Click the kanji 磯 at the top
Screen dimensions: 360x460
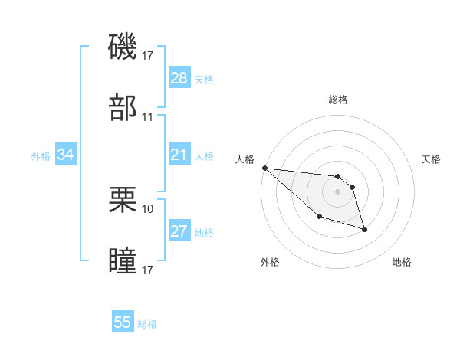click(123, 47)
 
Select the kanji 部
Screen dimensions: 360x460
click(123, 108)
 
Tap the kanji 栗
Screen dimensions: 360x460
click(123, 200)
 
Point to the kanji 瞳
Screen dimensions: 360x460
click(123, 260)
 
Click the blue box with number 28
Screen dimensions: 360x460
click(179, 78)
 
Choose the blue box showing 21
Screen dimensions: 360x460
click(179, 155)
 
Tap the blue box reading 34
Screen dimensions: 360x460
click(66, 155)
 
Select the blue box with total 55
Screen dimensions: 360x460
click(123, 322)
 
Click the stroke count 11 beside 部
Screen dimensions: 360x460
click(148, 117)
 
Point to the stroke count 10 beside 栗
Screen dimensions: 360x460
click(148, 208)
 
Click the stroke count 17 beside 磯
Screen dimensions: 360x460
click(148, 56)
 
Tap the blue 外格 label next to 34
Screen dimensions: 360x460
click(41, 156)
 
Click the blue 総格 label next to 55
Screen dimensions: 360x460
click(147, 324)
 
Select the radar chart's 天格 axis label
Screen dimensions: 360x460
click(432, 159)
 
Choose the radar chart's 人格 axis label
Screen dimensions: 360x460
click(244, 159)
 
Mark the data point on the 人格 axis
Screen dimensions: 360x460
click(264, 168)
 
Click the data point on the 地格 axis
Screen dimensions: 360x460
click(364, 229)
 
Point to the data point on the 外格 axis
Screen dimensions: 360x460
click(319, 217)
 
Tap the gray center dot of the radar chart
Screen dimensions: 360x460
click(337, 191)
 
